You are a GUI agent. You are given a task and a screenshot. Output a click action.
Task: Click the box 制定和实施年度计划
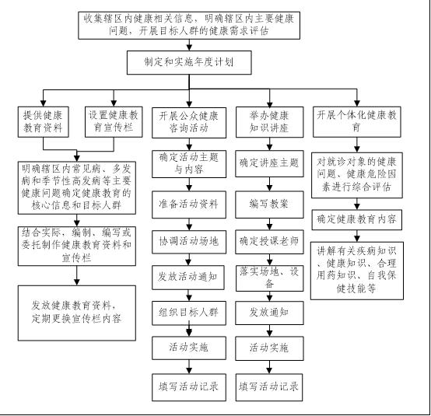pos(189,62)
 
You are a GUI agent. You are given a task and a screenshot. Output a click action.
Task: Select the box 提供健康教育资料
pos(43,122)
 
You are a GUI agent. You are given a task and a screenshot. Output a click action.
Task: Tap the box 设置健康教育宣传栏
pos(114,122)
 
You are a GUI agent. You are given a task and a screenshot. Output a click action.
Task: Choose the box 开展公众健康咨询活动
pos(189,123)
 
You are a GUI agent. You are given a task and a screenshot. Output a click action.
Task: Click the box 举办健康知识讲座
pos(270,122)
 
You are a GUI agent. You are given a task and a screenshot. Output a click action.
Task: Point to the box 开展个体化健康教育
pos(357,122)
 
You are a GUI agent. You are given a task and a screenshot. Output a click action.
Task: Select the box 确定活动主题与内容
pos(189,164)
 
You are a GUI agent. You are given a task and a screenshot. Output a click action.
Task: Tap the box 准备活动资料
pos(189,205)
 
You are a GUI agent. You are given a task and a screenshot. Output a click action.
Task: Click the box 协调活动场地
pos(189,242)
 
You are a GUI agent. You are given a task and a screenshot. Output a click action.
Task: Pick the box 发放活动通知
pos(188,278)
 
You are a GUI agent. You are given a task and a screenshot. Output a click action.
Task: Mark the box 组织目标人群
pos(189,313)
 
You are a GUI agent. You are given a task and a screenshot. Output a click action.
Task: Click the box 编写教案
pos(269,205)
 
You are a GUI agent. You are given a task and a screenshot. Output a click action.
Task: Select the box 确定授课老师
pos(269,242)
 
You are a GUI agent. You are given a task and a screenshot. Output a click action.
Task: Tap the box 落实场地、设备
pos(270,278)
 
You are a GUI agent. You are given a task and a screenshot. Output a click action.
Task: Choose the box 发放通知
pos(269,313)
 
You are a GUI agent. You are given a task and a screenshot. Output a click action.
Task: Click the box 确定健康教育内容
pos(357,220)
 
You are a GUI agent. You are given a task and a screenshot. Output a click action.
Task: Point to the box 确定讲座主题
pos(269,163)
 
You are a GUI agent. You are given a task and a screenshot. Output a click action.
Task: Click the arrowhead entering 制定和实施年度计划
pos(189,47)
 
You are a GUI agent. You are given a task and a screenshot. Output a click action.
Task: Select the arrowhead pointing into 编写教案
pos(269,188)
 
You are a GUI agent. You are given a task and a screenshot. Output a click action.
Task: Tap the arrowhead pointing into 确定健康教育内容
pos(357,207)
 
